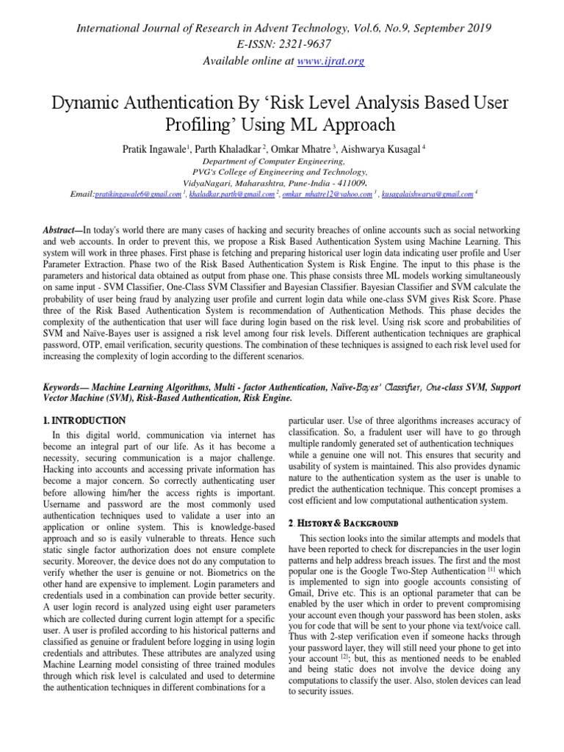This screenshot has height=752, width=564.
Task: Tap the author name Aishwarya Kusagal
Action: pos(382,149)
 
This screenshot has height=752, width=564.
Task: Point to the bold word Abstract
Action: pos(62,231)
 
